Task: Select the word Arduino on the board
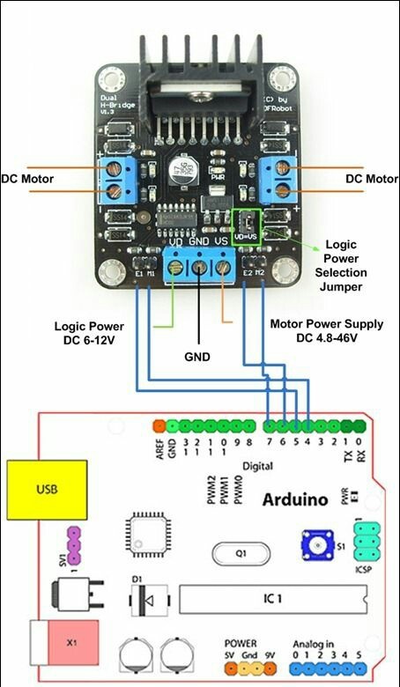click(x=295, y=499)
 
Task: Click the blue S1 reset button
click(x=314, y=546)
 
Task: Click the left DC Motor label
click(x=27, y=179)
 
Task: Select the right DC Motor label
click(x=372, y=179)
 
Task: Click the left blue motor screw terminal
click(x=113, y=179)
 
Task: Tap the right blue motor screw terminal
click(x=281, y=178)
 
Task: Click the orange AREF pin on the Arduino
click(x=159, y=426)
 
